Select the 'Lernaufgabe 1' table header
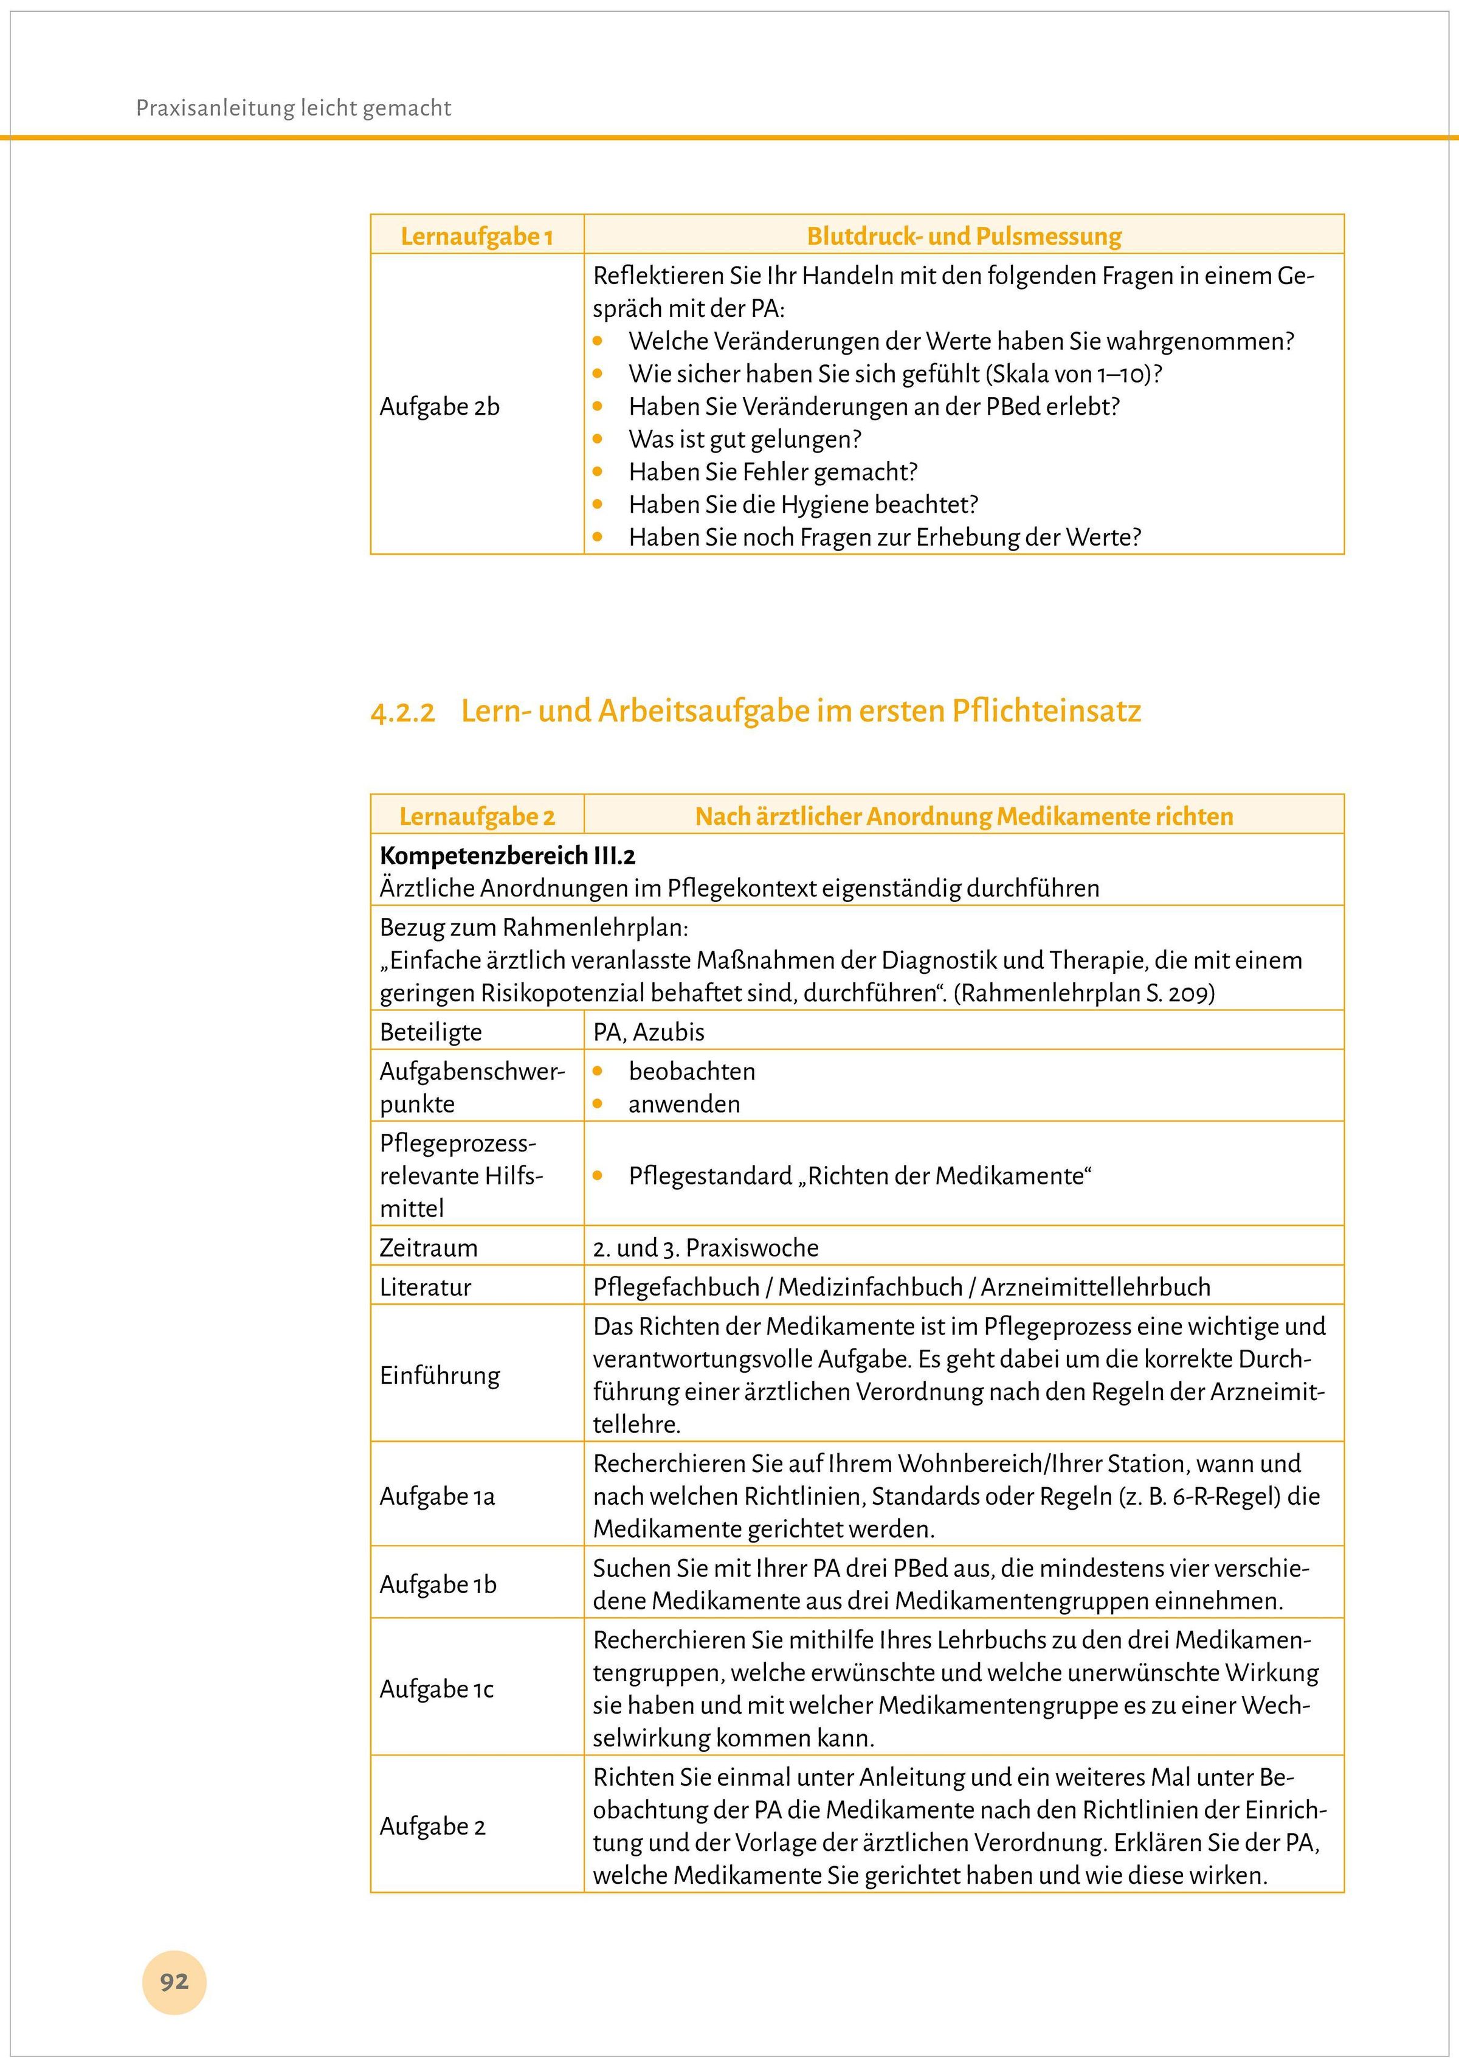(x=477, y=237)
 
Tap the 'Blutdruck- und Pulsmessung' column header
(x=964, y=237)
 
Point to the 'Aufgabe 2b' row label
(x=440, y=406)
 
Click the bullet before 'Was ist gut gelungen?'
(x=598, y=439)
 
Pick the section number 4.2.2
(x=402, y=712)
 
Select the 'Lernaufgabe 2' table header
(x=477, y=817)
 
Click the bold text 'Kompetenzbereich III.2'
(x=508, y=855)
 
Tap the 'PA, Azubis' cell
(x=648, y=1032)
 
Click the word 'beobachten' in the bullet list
(x=691, y=1071)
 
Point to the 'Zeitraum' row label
(x=429, y=1248)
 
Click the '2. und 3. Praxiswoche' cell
(x=706, y=1248)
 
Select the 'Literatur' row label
(x=425, y=1287)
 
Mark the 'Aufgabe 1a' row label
(x=437, y=1496)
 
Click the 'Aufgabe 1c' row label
(x=437, y=1689)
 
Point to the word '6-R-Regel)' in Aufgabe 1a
(x=1226, y=1496)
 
